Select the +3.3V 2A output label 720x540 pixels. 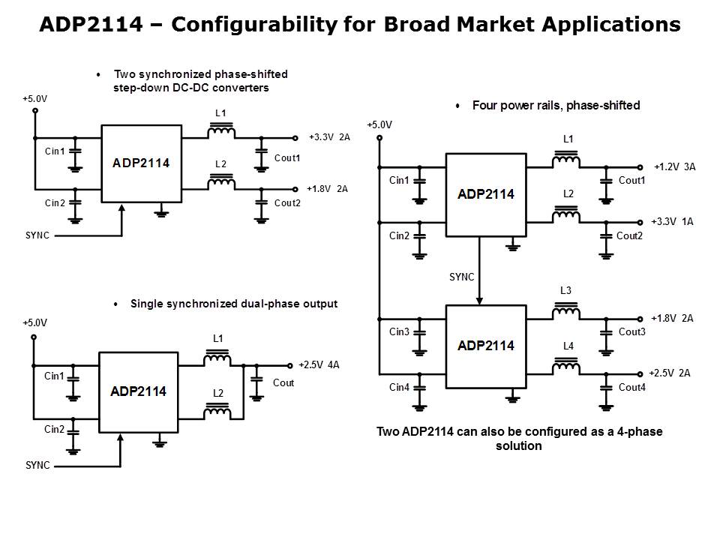(x=328, y=137)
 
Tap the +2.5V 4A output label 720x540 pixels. (x=319, y=365)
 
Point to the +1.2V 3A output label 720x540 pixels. (x=674, y=166)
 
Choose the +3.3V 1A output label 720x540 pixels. (x=673, y=222)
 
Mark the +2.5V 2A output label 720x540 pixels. (x=670, y=373)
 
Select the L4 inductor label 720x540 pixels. (x=568, y=346)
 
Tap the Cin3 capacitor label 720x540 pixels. (x=400, y=331)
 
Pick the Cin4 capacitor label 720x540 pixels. (x=400, y=387)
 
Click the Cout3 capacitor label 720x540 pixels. (x=631, y=331)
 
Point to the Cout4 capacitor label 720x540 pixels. (x=631, y=387)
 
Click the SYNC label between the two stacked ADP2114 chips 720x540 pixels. (x=461, y=277)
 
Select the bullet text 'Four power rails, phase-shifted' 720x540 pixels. (x=556, y=106)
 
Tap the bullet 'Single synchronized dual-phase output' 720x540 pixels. (x=233, y=304)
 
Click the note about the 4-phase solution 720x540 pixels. (x=519, y=439)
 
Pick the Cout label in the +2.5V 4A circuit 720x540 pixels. (x=283, y=383)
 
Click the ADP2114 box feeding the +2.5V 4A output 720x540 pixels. (x=138, y=391)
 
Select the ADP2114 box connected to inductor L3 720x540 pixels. (x=485, y=346)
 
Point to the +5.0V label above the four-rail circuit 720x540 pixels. (x=379, y=124)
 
